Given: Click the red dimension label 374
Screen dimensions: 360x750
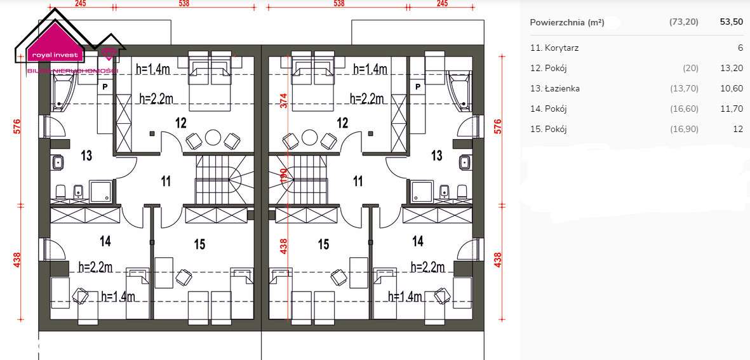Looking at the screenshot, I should click(x=284, y=101).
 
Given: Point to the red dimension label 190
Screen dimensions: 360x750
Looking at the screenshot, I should click(x=284, y=175).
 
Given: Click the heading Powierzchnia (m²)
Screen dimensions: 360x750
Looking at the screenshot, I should click(x=566, y=22).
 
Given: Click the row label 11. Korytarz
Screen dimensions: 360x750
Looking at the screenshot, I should click(x=554, y=48).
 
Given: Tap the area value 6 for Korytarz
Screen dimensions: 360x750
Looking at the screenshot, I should click(x=740, y=48).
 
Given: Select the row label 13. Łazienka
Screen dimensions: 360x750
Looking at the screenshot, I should click(x=554, y=88).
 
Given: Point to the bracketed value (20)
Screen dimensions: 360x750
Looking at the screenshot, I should click(x=690, y=68).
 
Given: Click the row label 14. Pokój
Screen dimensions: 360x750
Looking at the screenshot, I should click(x=548, y=109).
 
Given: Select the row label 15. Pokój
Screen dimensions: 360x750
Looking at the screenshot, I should click(x=548, y=129).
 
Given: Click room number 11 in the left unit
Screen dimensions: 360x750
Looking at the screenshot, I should click(x=166, y=182).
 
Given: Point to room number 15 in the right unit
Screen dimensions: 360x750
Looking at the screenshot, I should click(x=323, y=244).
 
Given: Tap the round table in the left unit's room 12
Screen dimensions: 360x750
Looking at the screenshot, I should click(x=213, y=138).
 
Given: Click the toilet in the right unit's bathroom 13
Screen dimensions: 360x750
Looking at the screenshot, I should click(x=462, y=190).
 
